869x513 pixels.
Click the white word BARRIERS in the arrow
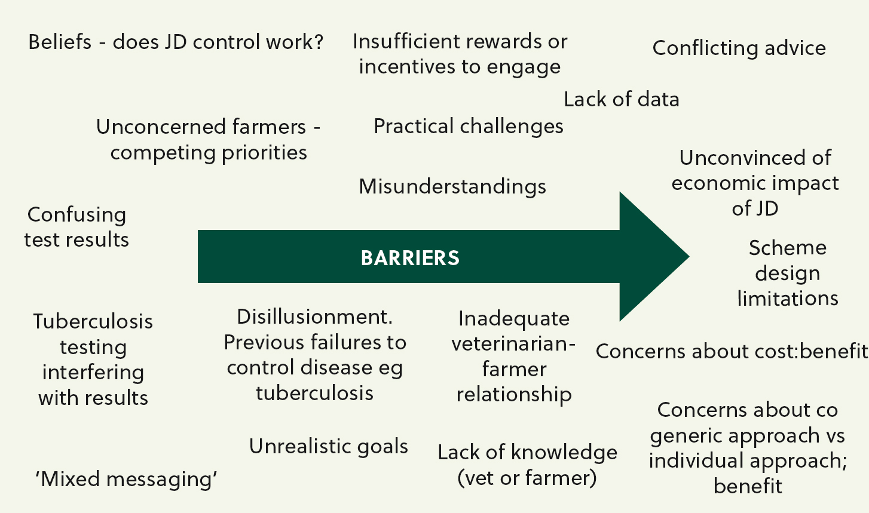(x=410, y=258)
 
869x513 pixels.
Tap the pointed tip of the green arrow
(x=689, y=256)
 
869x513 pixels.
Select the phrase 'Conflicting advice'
(x=739, y=49)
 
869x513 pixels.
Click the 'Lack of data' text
(x=622, y=99)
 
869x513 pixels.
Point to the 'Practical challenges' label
(x=468, y=127)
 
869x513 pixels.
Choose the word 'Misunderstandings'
(x=452, y=186)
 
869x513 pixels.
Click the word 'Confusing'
(x=77, y=215)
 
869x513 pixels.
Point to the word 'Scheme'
(x=788, y=247)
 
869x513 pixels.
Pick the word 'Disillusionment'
(x=314, y=317)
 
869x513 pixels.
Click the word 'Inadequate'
(x=513, y=319)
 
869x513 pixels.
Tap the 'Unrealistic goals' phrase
(x=328, y=447)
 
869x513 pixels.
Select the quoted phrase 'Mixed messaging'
(x=126, y=480)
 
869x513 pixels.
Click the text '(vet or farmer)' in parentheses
(x=527, y=477)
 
